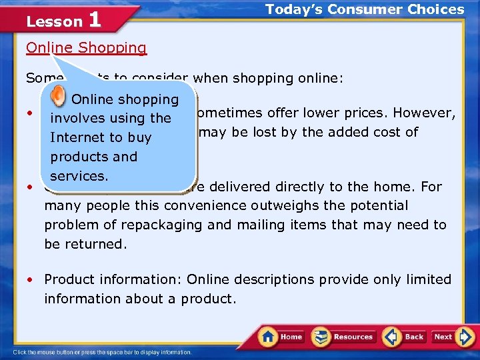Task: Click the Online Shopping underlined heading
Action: (86, 48)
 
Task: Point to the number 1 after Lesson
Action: (94, 20)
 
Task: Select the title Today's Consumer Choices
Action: (365, 9)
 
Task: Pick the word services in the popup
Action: (78, 176)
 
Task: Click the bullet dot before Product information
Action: (30, 280)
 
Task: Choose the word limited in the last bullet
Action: (428, 279)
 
